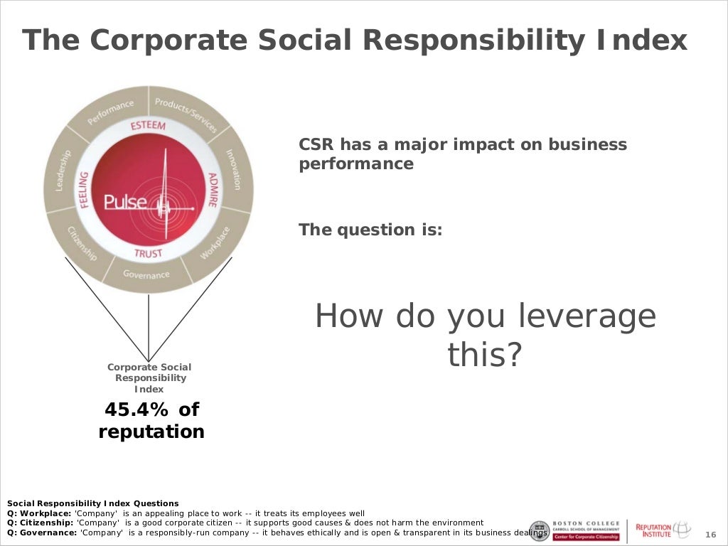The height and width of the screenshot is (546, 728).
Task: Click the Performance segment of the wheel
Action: pyautogui.click(x=111, y=113)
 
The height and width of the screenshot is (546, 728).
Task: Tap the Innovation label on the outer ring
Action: pyautogui.click(x=234, y=169)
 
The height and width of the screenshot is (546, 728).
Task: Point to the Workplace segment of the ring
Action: pyautogui.click(x=215, y=242)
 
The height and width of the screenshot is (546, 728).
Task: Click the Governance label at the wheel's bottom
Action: pyautogui.click(x=146, y=274)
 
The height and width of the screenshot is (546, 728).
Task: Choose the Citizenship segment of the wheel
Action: pyautogui.click(x=82, y=243)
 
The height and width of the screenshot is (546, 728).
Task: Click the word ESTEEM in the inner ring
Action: pyautogui.click(x=148, y=126)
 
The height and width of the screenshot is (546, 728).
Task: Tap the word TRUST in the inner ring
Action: pyautogui.click(x=148, y=253)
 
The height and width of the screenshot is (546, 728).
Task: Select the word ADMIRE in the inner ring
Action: pyautogui.click(x=212, y=190)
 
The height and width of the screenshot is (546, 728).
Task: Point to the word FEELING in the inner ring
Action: pyautogui.click(x=84, y=190)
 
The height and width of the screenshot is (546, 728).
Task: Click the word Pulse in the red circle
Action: pyautogui.click(x=125, y=203)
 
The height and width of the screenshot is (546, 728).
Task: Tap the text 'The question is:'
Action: pyautogui.click(x=370, y=230)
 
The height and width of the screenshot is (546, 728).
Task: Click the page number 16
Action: pyautogui.click(x=710, y=535)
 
